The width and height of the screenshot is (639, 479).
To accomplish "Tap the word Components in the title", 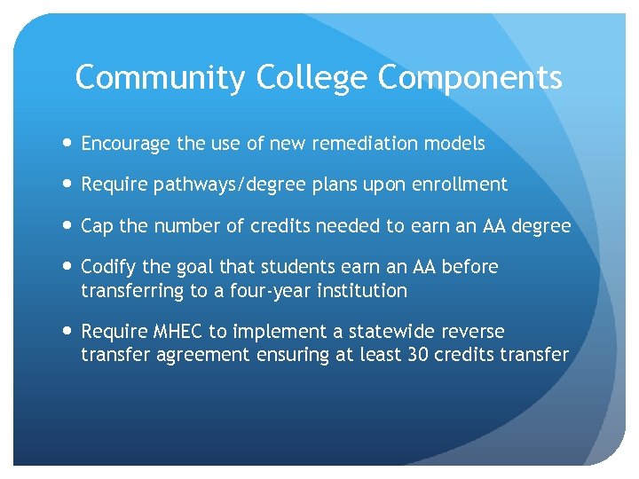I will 470,78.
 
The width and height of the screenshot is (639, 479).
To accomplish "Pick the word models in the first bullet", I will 455,144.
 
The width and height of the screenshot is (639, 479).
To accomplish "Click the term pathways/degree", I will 225,185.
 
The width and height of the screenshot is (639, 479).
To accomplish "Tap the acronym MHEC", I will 178,332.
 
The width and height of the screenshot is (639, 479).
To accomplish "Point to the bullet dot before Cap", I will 68,226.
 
